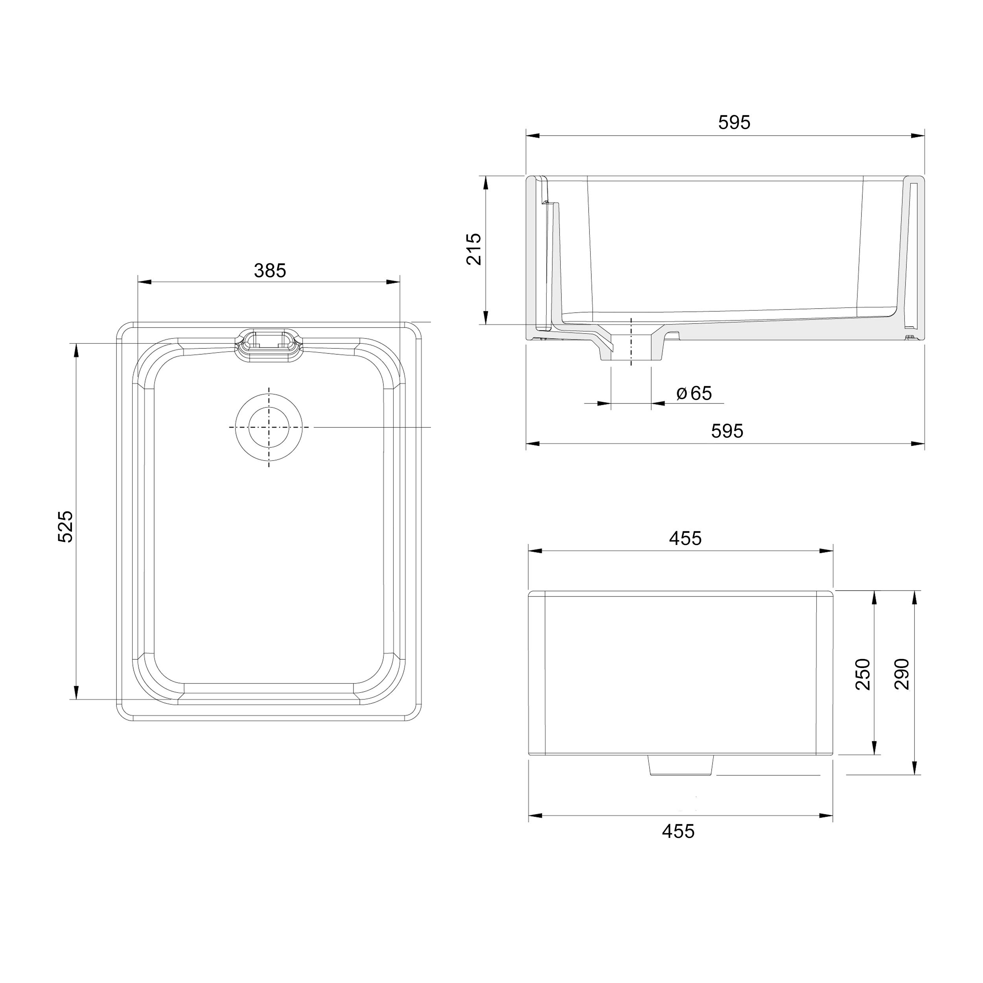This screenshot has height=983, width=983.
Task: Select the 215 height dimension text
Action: [474, 249]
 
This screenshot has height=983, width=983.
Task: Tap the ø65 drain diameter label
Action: [694, 393]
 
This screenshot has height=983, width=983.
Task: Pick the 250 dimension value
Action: [863, 674]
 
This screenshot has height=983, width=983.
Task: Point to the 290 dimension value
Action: [902, 674]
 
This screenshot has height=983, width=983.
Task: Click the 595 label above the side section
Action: [734, 123]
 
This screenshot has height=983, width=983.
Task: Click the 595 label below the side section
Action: [727, 431]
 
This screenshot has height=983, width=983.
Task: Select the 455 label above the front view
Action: [685, 538]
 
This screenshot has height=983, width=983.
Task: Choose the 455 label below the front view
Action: [678, 831]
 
